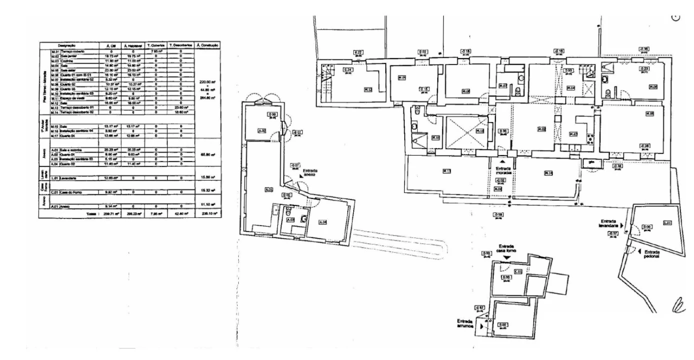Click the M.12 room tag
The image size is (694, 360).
pos(368,90)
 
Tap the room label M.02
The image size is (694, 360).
pos(541,129)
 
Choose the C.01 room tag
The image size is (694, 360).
pos(518,271)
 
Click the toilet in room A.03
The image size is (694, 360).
pos(304,217)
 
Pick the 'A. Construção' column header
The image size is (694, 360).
pos(208,45)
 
